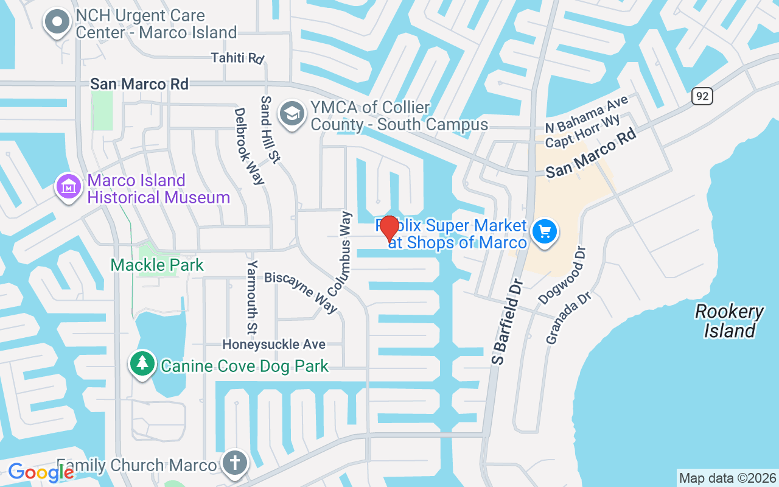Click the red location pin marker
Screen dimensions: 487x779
tap(389, 229)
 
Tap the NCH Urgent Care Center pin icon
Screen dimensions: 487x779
tap(58, 23)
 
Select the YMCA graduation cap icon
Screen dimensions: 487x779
tap(292, 114)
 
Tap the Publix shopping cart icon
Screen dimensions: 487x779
tap(545, 232)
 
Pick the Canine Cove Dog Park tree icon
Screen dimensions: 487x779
tap(142, 363)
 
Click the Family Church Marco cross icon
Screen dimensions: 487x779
tap(234, 463)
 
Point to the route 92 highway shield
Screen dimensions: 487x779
tap(702, 96)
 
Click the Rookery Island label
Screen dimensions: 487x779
tap(729, 321)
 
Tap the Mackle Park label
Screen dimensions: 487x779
tap(157, 265)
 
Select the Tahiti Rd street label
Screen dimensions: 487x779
tap(237, 58)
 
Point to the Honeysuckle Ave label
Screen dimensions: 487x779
tap(274, 344)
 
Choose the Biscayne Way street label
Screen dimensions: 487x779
tap(301, 292)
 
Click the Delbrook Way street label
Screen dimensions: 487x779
tap(250, 145)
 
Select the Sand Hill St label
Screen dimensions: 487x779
tap(270, 129)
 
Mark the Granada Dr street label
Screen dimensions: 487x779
tap(560, 318)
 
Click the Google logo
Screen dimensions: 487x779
tap(41, 472)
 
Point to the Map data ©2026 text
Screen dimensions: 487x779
tap(728, 478)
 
